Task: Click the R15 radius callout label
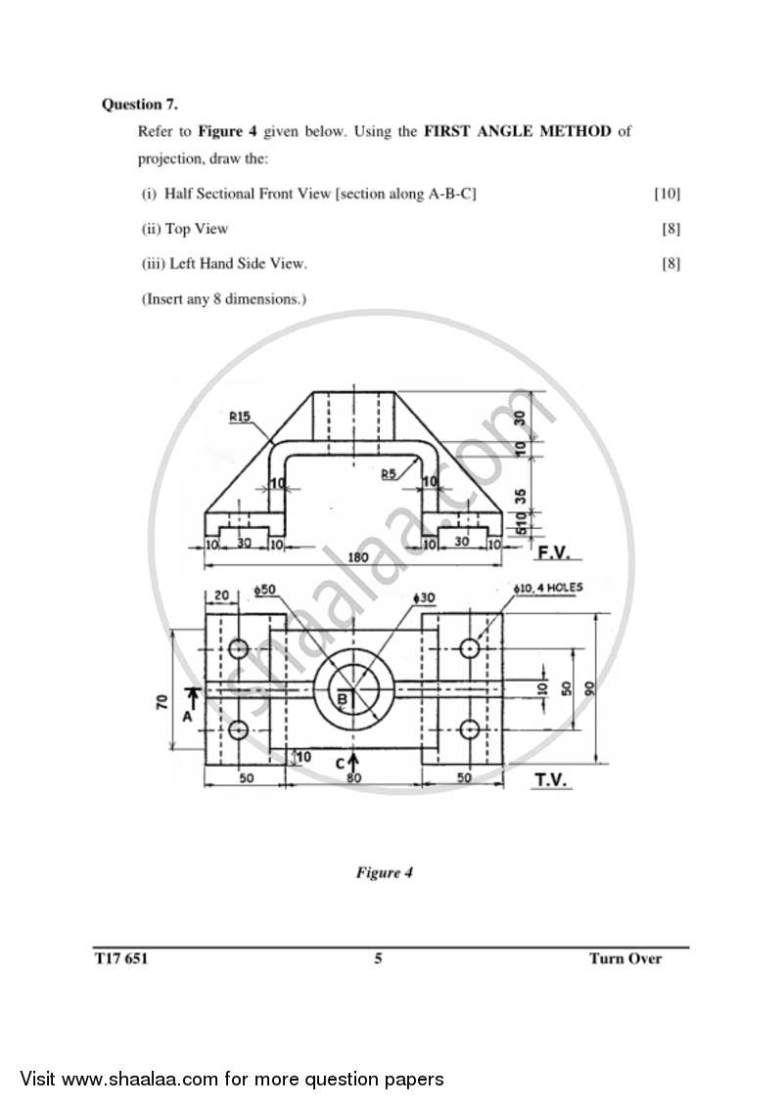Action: pos(240,417)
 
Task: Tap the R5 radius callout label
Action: pos(390,473)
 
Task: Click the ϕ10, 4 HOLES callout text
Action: pos(546,589)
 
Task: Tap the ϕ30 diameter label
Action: pos(423,597)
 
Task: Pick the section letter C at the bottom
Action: pos(341,763)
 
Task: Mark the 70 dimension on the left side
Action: pos(162,701)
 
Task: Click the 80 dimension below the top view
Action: pos(353,779)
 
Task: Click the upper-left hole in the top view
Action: pos(239,649)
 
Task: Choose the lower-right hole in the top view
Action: pos(469,729)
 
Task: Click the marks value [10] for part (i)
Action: pos(667,194)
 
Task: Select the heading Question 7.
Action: pos(140,104)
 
